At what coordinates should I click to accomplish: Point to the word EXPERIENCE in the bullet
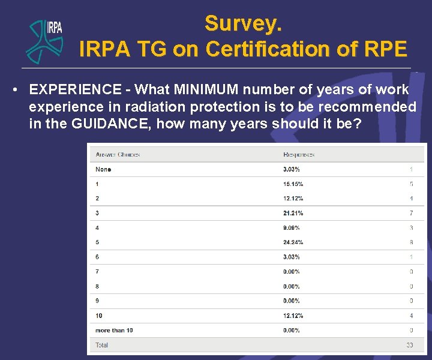point(75,90)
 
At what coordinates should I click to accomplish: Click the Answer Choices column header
point(118,155)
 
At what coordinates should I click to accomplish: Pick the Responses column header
point(299,155)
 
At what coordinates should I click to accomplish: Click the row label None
point(103,169)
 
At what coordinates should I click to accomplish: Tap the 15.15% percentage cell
point(293,184)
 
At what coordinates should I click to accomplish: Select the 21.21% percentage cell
point(293,213)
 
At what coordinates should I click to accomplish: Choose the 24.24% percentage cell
point(293,242)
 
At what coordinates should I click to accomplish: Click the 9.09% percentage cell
point(292,228)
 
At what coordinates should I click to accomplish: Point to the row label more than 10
point(114,331)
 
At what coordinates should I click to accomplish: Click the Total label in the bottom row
point(102,345)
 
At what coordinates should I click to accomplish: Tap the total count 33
point(409,345)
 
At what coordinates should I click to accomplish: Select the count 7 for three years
point(411,213)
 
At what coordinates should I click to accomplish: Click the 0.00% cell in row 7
point(292,272)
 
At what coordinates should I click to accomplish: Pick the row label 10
point(98,316)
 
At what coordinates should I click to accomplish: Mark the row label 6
point(97,257)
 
